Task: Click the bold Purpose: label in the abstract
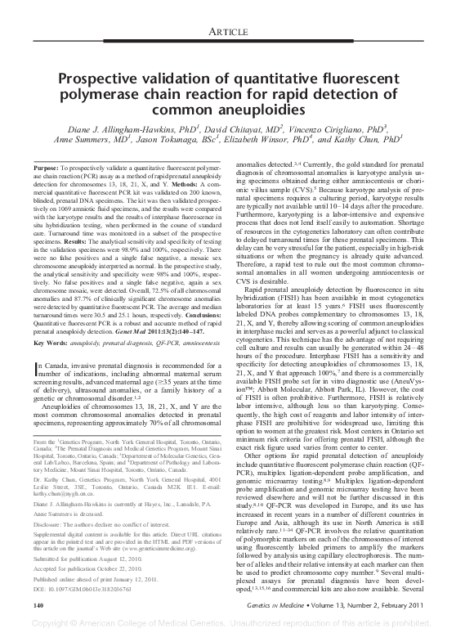48,168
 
